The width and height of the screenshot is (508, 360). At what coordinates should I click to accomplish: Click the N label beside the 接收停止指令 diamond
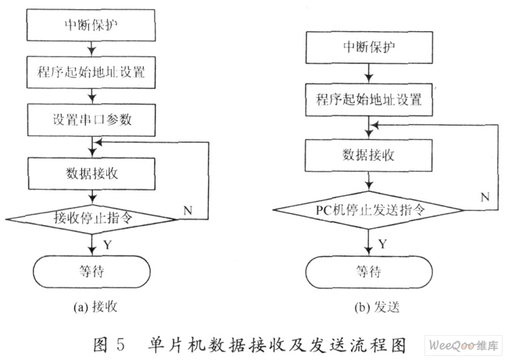click(188, 210)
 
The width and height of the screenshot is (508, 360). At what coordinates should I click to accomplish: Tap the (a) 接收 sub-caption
click(95, 307)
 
